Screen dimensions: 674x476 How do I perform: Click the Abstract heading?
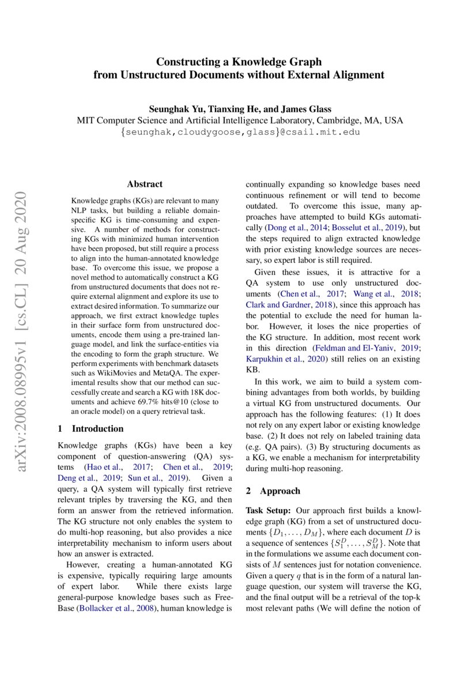click(x=145, y=184)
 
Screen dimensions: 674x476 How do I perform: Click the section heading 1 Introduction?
click(x=91, y=428)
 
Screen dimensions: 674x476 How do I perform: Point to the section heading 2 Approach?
click(x=273, y=491)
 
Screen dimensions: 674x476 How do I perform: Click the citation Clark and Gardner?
click(x=275, y=305)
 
